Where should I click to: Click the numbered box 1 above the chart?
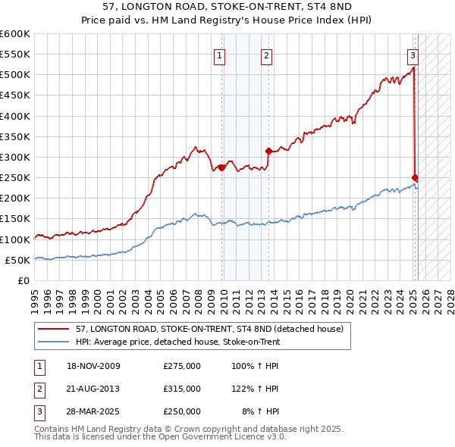[x=219, y=55]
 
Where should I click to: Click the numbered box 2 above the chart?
[x=267, y=55]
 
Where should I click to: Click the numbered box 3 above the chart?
[x=413, y=55]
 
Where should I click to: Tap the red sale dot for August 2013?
[x=268, y=151]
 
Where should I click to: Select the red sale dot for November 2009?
[x=221, y=167]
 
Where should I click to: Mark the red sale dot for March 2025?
[x=415, y=177]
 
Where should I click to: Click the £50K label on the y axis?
[x=18, y=260]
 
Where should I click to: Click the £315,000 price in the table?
[x=182, y=389]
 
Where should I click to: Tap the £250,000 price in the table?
[x=182, y=411]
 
